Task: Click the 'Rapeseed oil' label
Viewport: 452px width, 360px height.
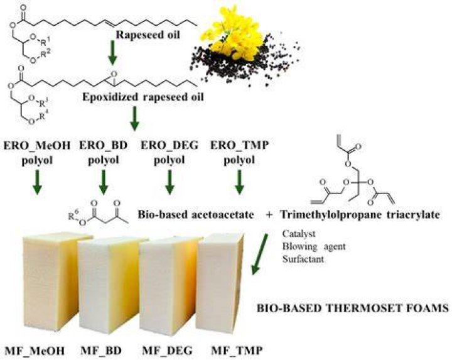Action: point(148,35)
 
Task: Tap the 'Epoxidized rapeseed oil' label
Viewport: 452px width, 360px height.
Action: point(143,97)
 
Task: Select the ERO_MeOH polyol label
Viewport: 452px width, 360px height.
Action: point(37,152)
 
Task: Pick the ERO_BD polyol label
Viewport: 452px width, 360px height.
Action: point(104,152)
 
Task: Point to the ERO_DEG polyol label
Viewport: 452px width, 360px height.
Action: point(169,152)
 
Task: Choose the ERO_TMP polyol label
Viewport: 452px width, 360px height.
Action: point(239,152)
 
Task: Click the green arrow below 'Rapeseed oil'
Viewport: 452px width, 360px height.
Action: point(112,53)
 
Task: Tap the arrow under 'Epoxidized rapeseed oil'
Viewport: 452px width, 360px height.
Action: point(134,118)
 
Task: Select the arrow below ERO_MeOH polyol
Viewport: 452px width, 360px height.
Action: point(37,182)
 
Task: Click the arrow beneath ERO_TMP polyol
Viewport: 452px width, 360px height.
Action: point(239,182)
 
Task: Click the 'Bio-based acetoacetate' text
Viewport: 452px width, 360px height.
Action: point(196,215)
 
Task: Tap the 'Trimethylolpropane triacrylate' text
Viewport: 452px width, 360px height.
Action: point(360,215)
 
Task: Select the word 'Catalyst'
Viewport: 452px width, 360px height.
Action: point(299,234)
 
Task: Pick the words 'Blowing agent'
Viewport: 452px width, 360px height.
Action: point(314,247)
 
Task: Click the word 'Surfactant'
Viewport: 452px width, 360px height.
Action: point(303,259)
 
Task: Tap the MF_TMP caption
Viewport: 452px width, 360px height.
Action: point(237,351)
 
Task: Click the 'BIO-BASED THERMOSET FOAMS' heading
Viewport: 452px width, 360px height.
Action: point(353,308)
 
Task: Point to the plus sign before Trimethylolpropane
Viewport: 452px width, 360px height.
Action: point(269,215)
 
